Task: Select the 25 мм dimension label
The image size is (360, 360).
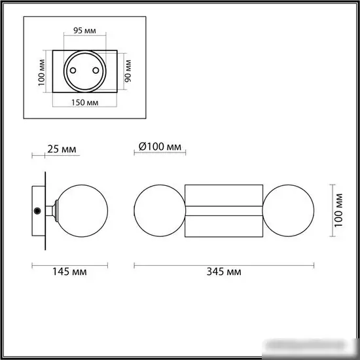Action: point(61,149)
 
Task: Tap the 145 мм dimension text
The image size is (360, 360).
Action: point(71,271)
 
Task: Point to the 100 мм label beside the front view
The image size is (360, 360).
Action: point(338,209)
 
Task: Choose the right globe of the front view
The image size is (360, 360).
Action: point(289,209)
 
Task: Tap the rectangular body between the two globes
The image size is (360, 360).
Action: point(223,196)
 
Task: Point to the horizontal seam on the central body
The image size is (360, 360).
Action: point(223,210)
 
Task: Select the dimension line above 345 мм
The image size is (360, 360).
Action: point(223,264)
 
